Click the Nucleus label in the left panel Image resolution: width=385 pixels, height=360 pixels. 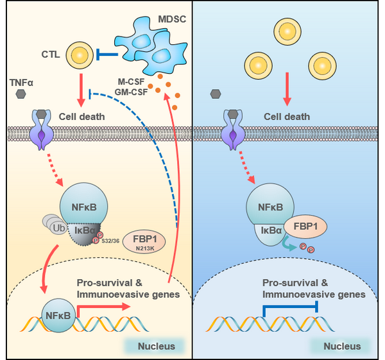(158, 347)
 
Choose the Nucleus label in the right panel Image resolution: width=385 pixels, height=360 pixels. (341, 347)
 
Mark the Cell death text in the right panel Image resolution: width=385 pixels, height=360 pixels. (287, 117)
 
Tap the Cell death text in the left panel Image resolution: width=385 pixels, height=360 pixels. (95, 117)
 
